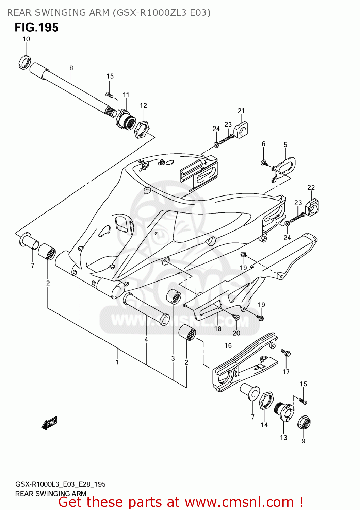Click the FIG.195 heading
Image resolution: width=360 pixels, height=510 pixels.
click(x=36, y=28)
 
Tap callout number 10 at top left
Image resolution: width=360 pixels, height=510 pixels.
click(x=26, y=39)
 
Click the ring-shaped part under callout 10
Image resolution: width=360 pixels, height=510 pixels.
click(x=24, y=62)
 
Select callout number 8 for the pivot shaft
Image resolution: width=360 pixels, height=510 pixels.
click(x=71, y=68)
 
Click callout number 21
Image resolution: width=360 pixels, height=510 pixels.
click(x=241, y=111)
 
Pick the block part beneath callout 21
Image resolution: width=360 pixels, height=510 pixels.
click(x=241, y=130)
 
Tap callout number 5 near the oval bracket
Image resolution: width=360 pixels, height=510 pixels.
click(x=285, y=144)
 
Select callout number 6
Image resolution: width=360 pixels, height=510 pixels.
click(x=263, y=144)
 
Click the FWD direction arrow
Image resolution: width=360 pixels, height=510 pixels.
click(x=49, y=423)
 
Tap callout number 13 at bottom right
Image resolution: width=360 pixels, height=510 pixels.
click(x=283, y=438)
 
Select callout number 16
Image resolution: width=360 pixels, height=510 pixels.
click(x=228, y=345)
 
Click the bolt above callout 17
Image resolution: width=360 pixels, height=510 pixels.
click(x=286, y=353)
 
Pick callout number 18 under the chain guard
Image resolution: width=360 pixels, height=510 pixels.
click(x=218, y=329)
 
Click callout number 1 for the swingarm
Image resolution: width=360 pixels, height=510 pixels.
click(x=117, y=362)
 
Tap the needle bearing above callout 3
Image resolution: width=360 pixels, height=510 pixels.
click(x=174, y=297)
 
